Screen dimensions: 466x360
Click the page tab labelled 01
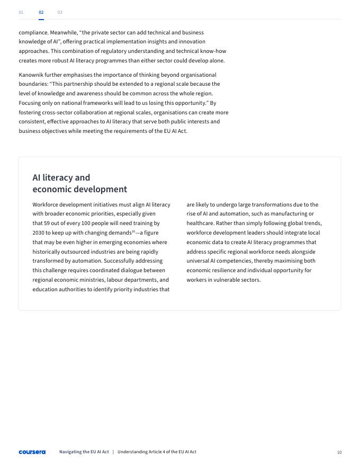[21, 12]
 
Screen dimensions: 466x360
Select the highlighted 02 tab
[41, 12]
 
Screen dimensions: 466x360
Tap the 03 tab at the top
[60, 12]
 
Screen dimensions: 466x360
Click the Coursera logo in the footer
[32, 452]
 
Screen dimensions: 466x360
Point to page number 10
[339, 452]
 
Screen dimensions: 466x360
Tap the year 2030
[39, 233]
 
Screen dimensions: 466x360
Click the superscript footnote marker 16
[133, 231]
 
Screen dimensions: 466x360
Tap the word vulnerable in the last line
[232, 280]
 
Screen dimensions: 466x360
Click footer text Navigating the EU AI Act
[84, 452]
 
